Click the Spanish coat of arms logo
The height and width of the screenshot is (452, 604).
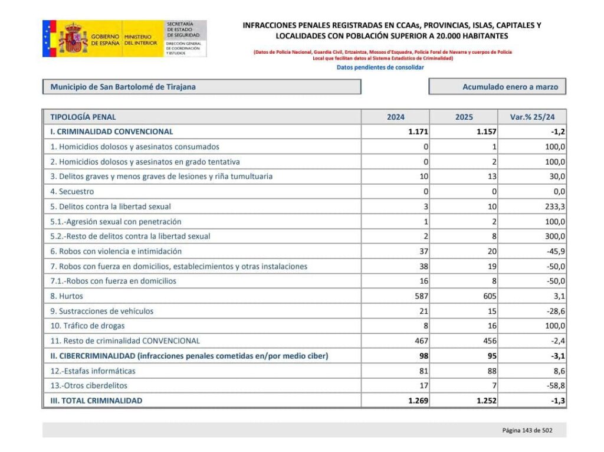click(x=73, y=39)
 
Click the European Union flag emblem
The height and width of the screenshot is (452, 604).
click(x=49, y=39)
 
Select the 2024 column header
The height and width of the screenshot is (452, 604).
click(x=395, y=117)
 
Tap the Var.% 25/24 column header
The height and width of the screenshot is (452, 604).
click(x=532, y=117)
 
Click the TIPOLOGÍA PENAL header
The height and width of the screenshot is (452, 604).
click(x=83, y=117)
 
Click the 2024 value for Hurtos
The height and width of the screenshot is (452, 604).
click(x=418, y=296)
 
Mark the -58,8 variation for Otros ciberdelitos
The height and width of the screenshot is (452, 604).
click(x=554, y=385)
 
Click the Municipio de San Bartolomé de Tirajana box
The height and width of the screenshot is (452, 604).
click(x=201, y=87)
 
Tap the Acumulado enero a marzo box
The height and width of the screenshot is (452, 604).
click(x=497, y=87)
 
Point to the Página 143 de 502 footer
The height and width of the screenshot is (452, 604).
click(x=527, y=430)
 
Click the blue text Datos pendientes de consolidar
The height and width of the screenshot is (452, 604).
click(x=380, y=67)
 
